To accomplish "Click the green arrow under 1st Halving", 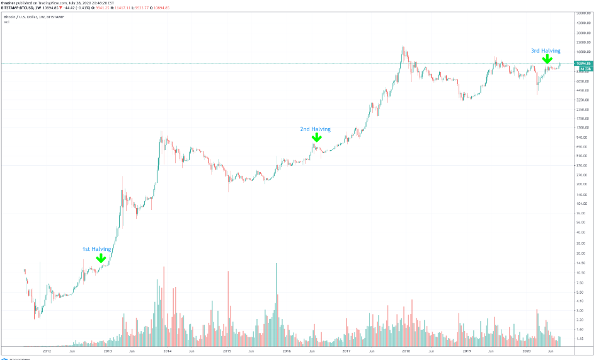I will coord(100,258).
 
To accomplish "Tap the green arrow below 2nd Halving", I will coord(317,137).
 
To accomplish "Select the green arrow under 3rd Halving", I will coord(547,59).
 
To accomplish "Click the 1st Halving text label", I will coord(96,249).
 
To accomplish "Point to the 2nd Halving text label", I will coord(315,129).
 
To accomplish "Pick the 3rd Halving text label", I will coord(546,50).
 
